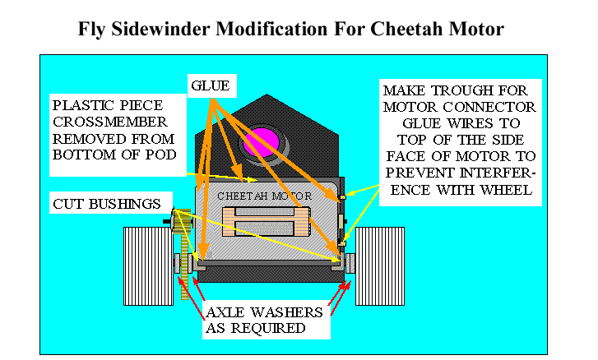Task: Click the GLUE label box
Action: [x=212, y=85]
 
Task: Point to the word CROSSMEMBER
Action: [x=110, y=122]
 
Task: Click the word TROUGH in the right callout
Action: [x=461, y=90]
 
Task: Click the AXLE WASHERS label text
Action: [x=264, y=312]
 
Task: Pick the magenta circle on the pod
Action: [x=262, y=142]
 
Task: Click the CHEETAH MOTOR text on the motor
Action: [x=264, y=196]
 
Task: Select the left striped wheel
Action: [x=148, y=266]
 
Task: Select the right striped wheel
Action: [x=380, y=266]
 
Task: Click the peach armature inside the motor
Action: [x=266, y=222]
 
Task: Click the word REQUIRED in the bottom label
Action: [x=268, y=328]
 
